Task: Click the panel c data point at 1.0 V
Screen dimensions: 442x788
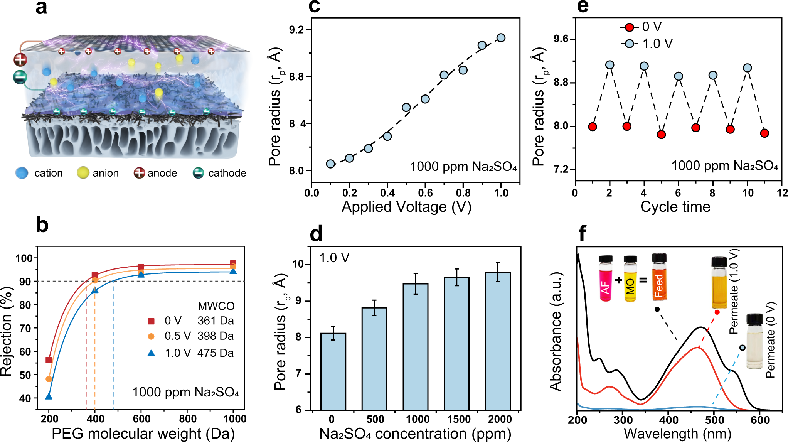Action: [501, 38]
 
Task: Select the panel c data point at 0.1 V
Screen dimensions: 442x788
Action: [330, 164]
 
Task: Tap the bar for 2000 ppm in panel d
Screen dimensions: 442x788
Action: [498, 341]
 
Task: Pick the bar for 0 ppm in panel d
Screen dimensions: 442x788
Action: [333, 371]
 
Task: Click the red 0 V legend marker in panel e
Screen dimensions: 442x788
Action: [629, 27]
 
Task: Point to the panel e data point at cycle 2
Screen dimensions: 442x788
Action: [610, 65]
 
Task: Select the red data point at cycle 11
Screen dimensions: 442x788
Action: [764, 133]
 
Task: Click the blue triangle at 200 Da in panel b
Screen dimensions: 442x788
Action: [49, 396]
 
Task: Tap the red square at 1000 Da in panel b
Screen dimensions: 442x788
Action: [233, 263]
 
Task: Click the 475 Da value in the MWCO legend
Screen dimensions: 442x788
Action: [216, 353]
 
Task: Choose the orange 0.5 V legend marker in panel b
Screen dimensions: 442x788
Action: [151, 336]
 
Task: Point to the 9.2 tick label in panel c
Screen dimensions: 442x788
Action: [296, 30]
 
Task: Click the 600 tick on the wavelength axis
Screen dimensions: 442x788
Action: [760, 420]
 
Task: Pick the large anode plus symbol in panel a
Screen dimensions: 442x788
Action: [20, 60]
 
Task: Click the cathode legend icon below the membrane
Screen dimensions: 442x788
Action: [198, 173]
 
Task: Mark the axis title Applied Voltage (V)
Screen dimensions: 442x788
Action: [406, 207]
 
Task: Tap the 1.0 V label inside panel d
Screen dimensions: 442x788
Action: [334, 258]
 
